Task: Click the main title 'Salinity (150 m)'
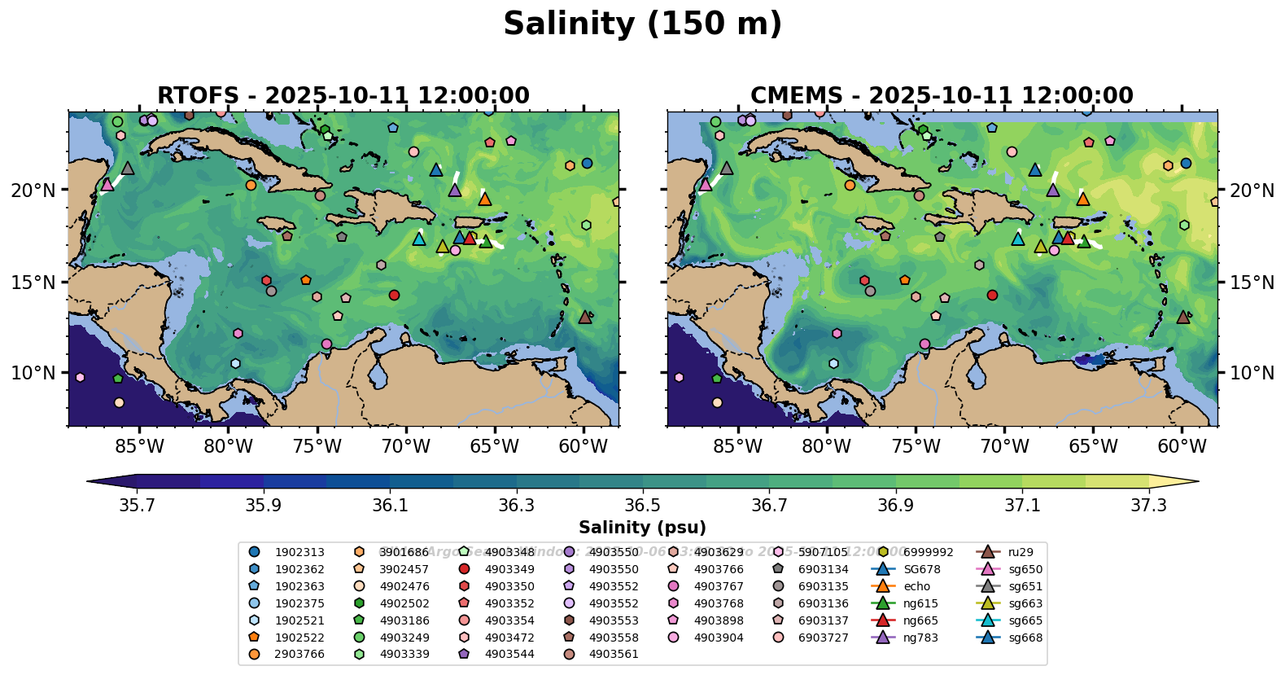tap(642, 24)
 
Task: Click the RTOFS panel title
tap(343, 95)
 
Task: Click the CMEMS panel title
tap(942, 95)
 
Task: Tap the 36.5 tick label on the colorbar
tap(643, 506)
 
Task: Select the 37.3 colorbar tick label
tap(1148, 506)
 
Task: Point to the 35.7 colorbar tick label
tap(137, 506)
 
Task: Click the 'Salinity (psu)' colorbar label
tap(642, 528)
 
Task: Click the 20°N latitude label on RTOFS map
tap(33, 191)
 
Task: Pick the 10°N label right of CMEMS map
tap(1252, 373)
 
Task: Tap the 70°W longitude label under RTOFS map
tap(405, 447)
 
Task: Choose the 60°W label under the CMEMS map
tap(1182, 447)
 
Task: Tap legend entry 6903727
tap(823, 638)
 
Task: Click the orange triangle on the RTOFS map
tap(485, 199)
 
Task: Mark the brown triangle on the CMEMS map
tap(1183, 317)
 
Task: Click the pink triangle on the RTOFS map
tap(107, 185)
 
